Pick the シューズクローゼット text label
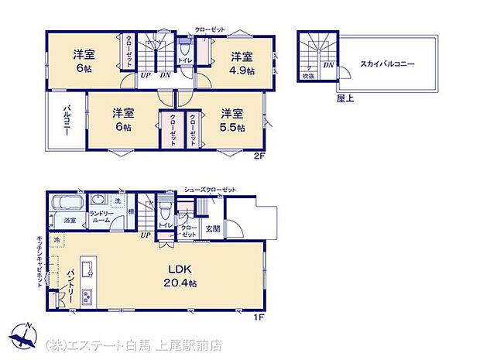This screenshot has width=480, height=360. click(x=210, y=189)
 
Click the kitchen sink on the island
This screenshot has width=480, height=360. click(x=88, y=269)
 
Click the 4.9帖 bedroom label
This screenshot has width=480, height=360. click(x=240, y=61)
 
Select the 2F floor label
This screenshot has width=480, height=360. click(x=262, y=155)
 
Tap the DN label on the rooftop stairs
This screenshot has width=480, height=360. click(x=328, y=65)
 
